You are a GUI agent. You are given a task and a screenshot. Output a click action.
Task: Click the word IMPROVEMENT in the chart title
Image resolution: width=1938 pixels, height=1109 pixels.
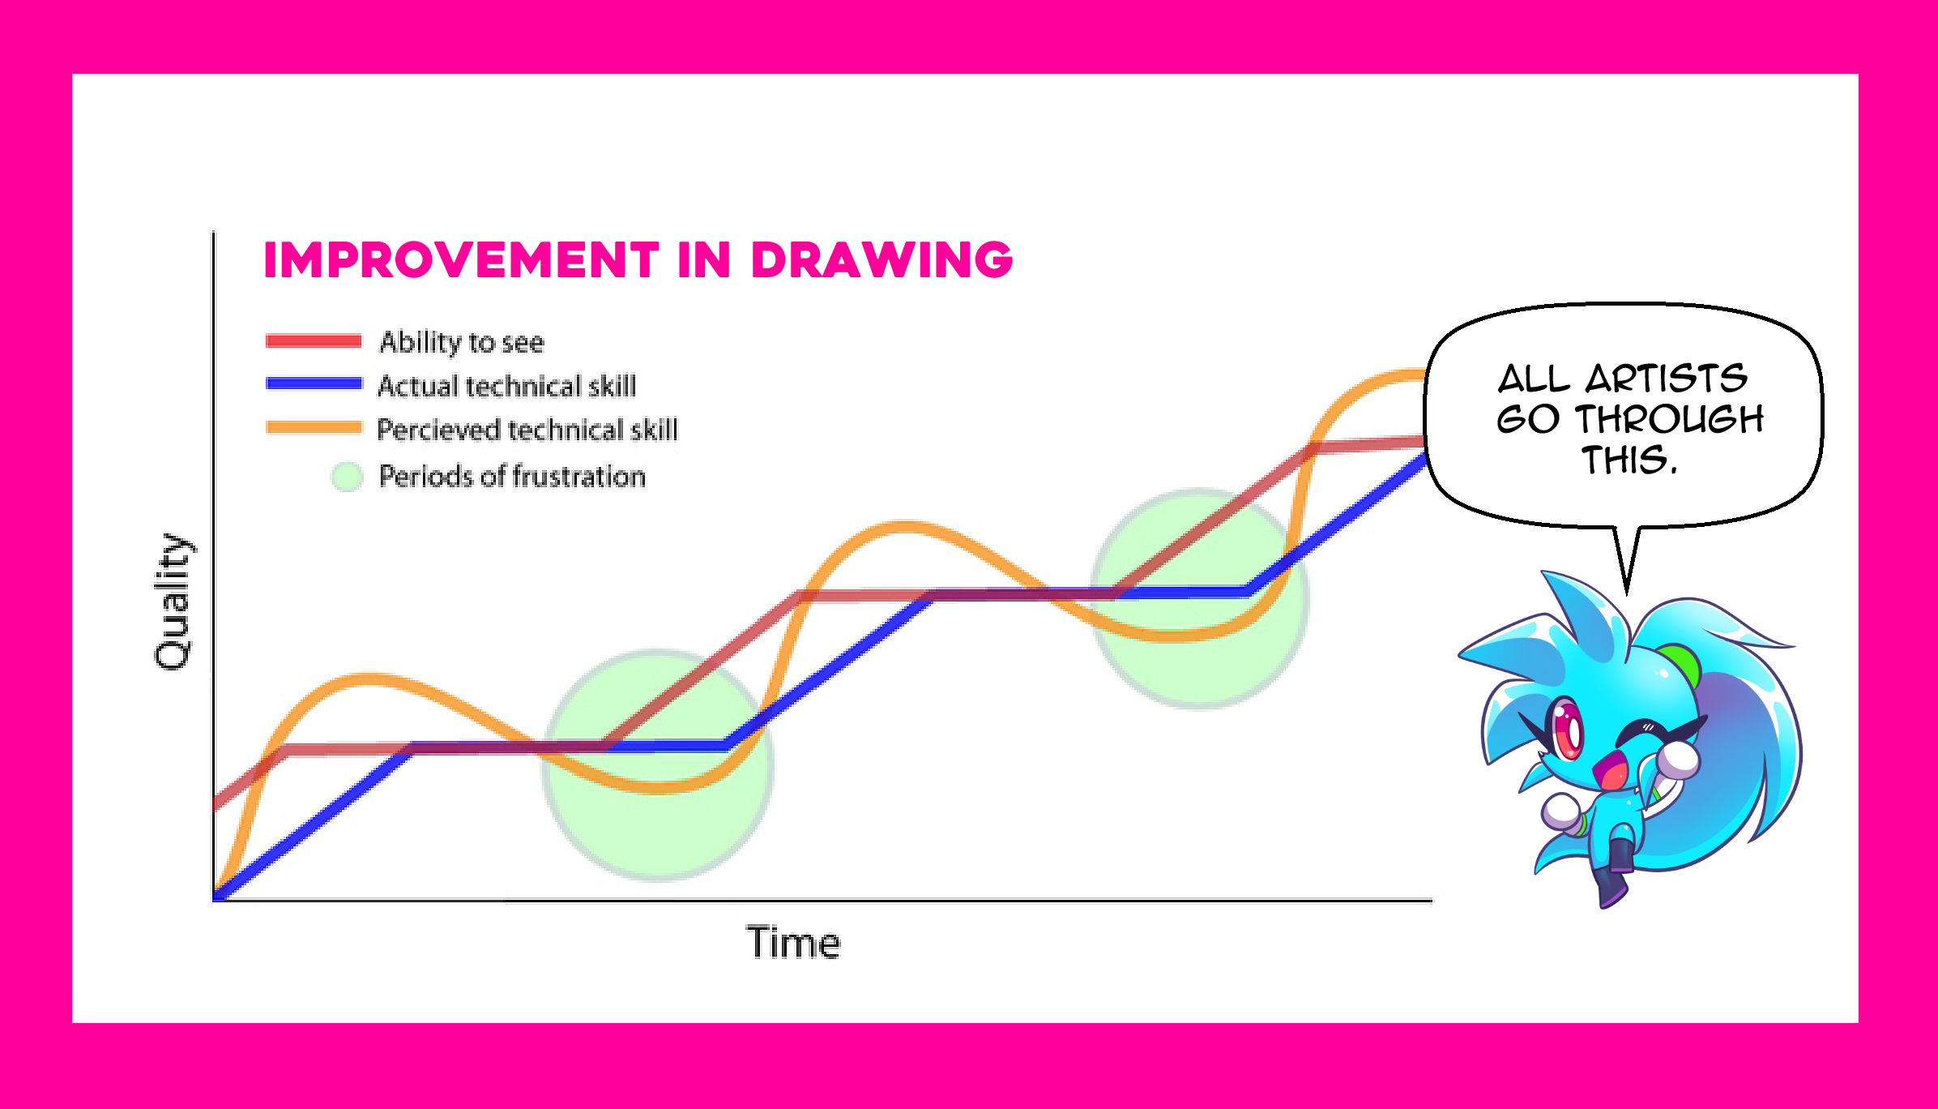click(461, 260)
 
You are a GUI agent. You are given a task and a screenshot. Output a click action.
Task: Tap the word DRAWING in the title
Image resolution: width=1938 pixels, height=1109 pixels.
click(881, 260)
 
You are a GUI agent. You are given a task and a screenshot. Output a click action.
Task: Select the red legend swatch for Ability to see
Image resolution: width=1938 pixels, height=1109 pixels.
click(314, 341)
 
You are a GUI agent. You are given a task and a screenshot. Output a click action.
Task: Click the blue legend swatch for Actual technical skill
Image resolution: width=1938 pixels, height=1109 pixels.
click(314, 384)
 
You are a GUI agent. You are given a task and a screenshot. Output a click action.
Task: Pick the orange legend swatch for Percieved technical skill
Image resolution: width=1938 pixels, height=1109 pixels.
click(314, 428)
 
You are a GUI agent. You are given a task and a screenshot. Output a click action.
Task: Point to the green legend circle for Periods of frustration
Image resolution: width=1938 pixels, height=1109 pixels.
click(347, 476)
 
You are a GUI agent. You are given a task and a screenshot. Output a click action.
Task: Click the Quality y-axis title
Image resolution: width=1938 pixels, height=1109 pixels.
click(173, 602)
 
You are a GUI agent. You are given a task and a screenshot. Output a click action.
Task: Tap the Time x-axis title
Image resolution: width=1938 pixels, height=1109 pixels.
click(793, 943)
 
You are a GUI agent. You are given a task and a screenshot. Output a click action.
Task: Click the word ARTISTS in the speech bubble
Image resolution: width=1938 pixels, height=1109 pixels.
click(1666, 379)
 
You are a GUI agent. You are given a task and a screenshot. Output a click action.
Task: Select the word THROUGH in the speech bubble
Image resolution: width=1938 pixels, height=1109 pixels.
click(1669, 419)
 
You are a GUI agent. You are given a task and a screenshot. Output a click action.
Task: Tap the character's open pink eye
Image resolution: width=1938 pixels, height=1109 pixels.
click(1567, 730)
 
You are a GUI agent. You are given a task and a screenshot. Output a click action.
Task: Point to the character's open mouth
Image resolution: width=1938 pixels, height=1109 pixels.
click(1611, 771)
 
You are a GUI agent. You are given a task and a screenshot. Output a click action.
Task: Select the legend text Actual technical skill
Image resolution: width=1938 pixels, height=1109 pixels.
click(507, 386)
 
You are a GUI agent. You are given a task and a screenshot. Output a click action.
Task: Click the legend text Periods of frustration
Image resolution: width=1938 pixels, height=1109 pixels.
click(512, 476)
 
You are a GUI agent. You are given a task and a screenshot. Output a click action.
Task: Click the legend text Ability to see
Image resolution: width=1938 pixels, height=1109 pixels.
click(462, 342)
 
